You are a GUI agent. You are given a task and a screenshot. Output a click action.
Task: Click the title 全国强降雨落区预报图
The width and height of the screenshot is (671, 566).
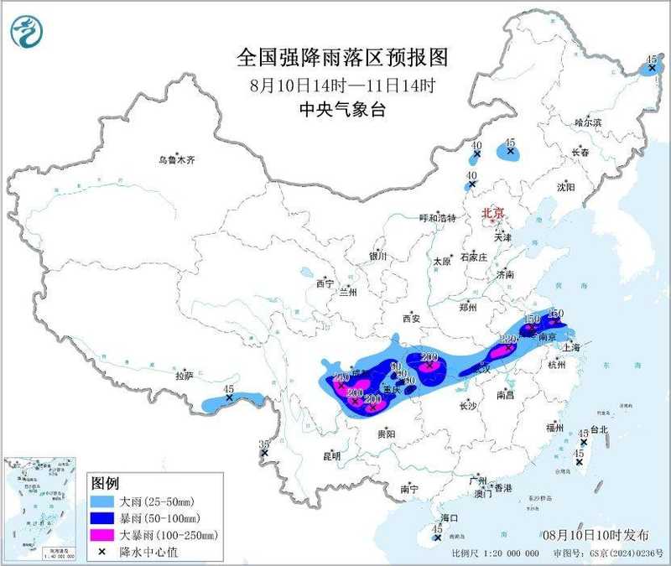coord(342,58)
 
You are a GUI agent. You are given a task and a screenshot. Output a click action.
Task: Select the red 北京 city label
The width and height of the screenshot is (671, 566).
coord(493,215)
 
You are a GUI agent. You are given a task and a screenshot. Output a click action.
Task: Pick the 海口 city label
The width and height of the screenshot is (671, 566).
coord(450,517)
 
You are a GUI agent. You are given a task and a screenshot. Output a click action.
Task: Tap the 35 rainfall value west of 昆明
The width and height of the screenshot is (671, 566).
coord(265,444)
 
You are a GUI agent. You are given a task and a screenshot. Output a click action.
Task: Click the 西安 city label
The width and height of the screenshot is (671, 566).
coord(410,318)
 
